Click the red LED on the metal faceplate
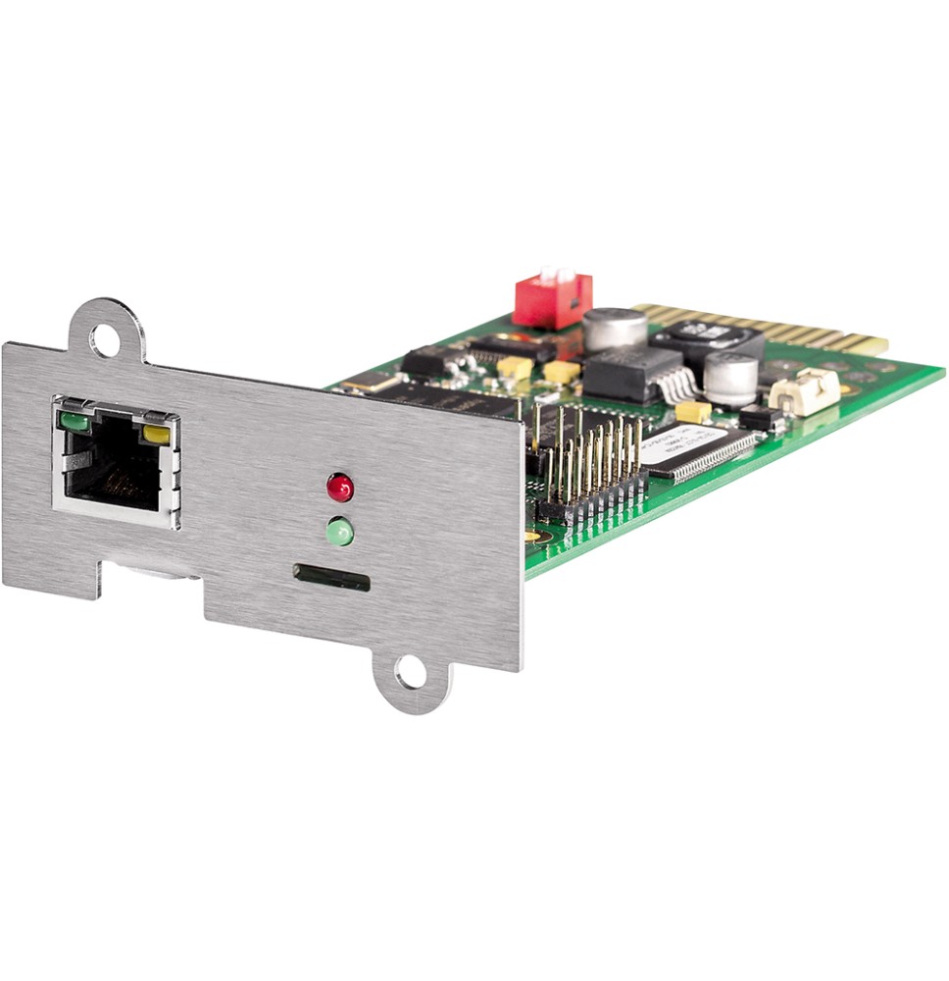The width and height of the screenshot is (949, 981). pos(340,487)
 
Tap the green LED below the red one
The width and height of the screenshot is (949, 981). pos(340,532)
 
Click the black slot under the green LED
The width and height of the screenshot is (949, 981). pos(332,578)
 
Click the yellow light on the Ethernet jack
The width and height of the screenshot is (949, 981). pos(156,433)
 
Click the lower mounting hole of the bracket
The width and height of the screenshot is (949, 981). pos(412,673)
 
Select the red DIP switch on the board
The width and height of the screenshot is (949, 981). pos(553,299)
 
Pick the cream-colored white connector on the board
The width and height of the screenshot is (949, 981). pos(804,391)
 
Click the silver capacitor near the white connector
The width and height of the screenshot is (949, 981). pos(730,378)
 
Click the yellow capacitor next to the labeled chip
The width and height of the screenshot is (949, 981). pos(692,412)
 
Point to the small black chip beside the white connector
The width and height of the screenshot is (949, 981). pos(761,418)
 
